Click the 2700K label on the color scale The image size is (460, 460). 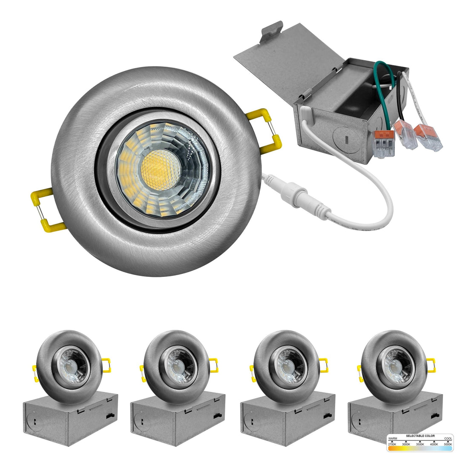click(x=392, y=444)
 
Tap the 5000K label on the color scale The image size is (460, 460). click(x=448, y=444)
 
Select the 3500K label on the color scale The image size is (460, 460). click(x=420, y=444)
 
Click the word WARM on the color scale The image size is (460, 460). click(x=392, y=438)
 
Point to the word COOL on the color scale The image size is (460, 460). click(x=448, y=438)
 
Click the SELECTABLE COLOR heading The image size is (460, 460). click(x=420, y=436)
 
